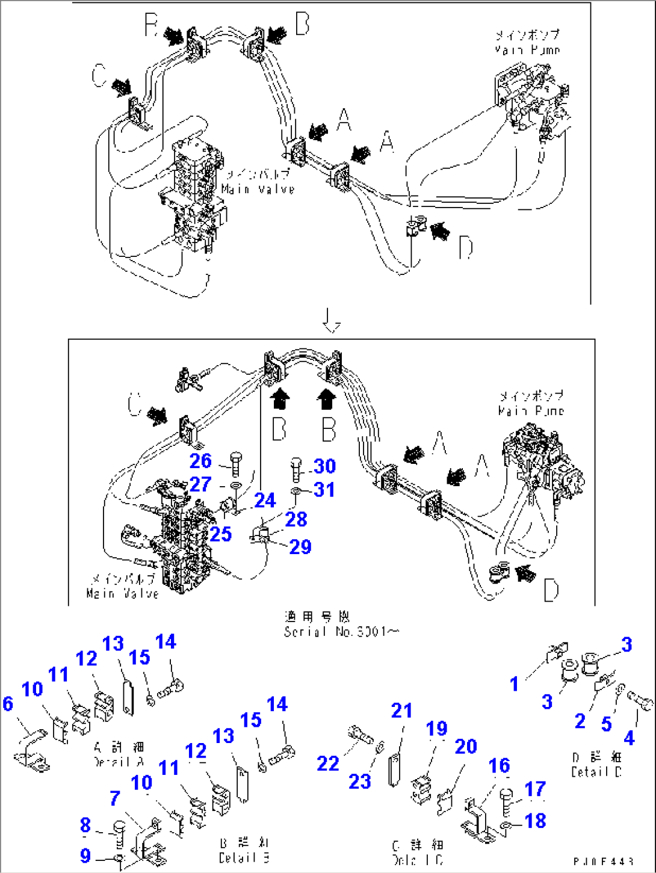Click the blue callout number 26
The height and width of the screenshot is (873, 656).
coord(200,461)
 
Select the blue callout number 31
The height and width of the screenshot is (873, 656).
coord(324,490)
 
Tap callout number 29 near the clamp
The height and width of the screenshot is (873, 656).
coord(300,546)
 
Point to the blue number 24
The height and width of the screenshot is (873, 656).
coord(265,500)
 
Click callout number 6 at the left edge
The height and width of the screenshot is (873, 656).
coord(7,703)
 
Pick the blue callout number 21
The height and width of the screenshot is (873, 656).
coord(401,711)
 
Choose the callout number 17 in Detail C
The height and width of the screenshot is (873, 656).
coord(535,789)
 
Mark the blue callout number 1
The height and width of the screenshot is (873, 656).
coord(514,683)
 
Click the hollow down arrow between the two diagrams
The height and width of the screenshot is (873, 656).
coord(330,321)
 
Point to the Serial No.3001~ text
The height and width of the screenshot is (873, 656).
coord(341,632)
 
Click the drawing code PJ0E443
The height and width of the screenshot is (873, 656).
coord(603,862)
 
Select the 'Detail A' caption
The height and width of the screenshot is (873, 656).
coord(119,754)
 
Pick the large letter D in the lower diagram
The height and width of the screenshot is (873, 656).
coord(551,591)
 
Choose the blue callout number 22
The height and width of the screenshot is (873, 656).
coord(328,763)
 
